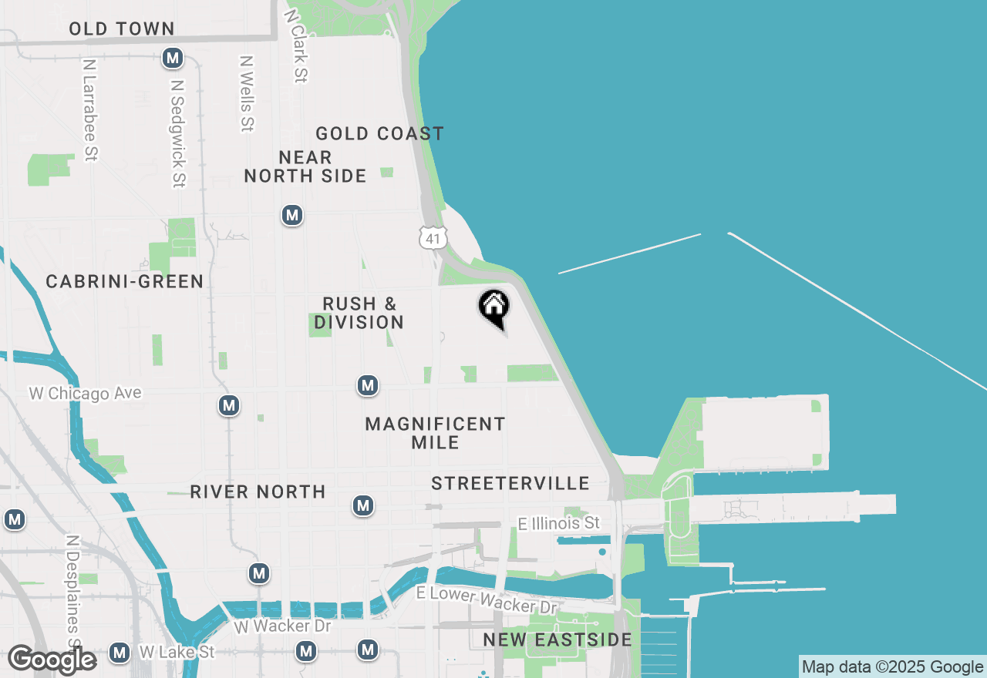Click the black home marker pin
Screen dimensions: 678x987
tap(494, 307)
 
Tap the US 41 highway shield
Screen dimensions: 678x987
tap(433, 238)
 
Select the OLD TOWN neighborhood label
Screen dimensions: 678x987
tap(122, 29)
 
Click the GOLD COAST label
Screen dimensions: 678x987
tap(380, 134)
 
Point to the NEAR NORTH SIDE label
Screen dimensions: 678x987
tap(305, 167)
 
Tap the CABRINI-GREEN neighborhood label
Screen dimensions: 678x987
tap(125, 282)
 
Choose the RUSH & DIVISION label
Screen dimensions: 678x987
tap(359, 313)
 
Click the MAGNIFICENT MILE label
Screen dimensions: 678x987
tap(435, 433)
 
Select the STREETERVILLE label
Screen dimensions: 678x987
tap(510, 484)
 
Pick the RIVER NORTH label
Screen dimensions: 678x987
tap(258, 492)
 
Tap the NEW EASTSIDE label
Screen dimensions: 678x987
tap(558, 640)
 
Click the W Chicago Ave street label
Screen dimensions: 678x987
tap(86, 394)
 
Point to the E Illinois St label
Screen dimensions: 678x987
tap(559, 524)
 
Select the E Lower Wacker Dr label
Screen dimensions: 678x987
tap(487, 600)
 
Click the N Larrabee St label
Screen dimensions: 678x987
tap(90, 111)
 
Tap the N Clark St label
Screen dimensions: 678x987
tap(296, 45)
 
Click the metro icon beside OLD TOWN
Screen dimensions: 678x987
tap(173, 58)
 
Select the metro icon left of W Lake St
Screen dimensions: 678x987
tap(119, 653)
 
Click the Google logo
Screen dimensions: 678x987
tap(52, 660)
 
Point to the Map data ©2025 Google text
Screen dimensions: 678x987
tap(892, 667)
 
